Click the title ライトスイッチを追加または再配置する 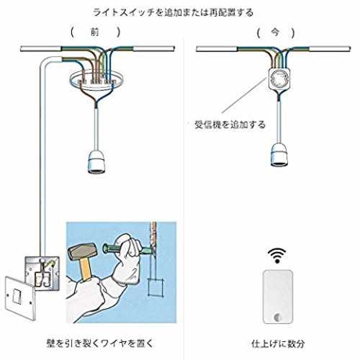(x=173, y=12)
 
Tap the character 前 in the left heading (x=94, y=32)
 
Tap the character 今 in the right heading (x=275, y=32)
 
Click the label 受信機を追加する (x=230, y=125)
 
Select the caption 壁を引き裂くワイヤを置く (x=99, y=343)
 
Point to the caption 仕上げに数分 (x=278, y=343)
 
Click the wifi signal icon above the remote (x=277, y=256)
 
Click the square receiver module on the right (x=279, y=79)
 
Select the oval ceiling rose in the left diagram (x=96, y=80)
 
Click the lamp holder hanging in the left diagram (x=96, y=162)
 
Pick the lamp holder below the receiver (x=279, y=154)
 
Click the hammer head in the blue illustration (x=82, y=251)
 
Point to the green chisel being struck (x=127, y=250)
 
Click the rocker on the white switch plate (x=17, y=296)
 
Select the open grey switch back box (x=42, y=274)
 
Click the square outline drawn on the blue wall (x=156, y=287)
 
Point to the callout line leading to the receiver (x=245, y=95)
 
